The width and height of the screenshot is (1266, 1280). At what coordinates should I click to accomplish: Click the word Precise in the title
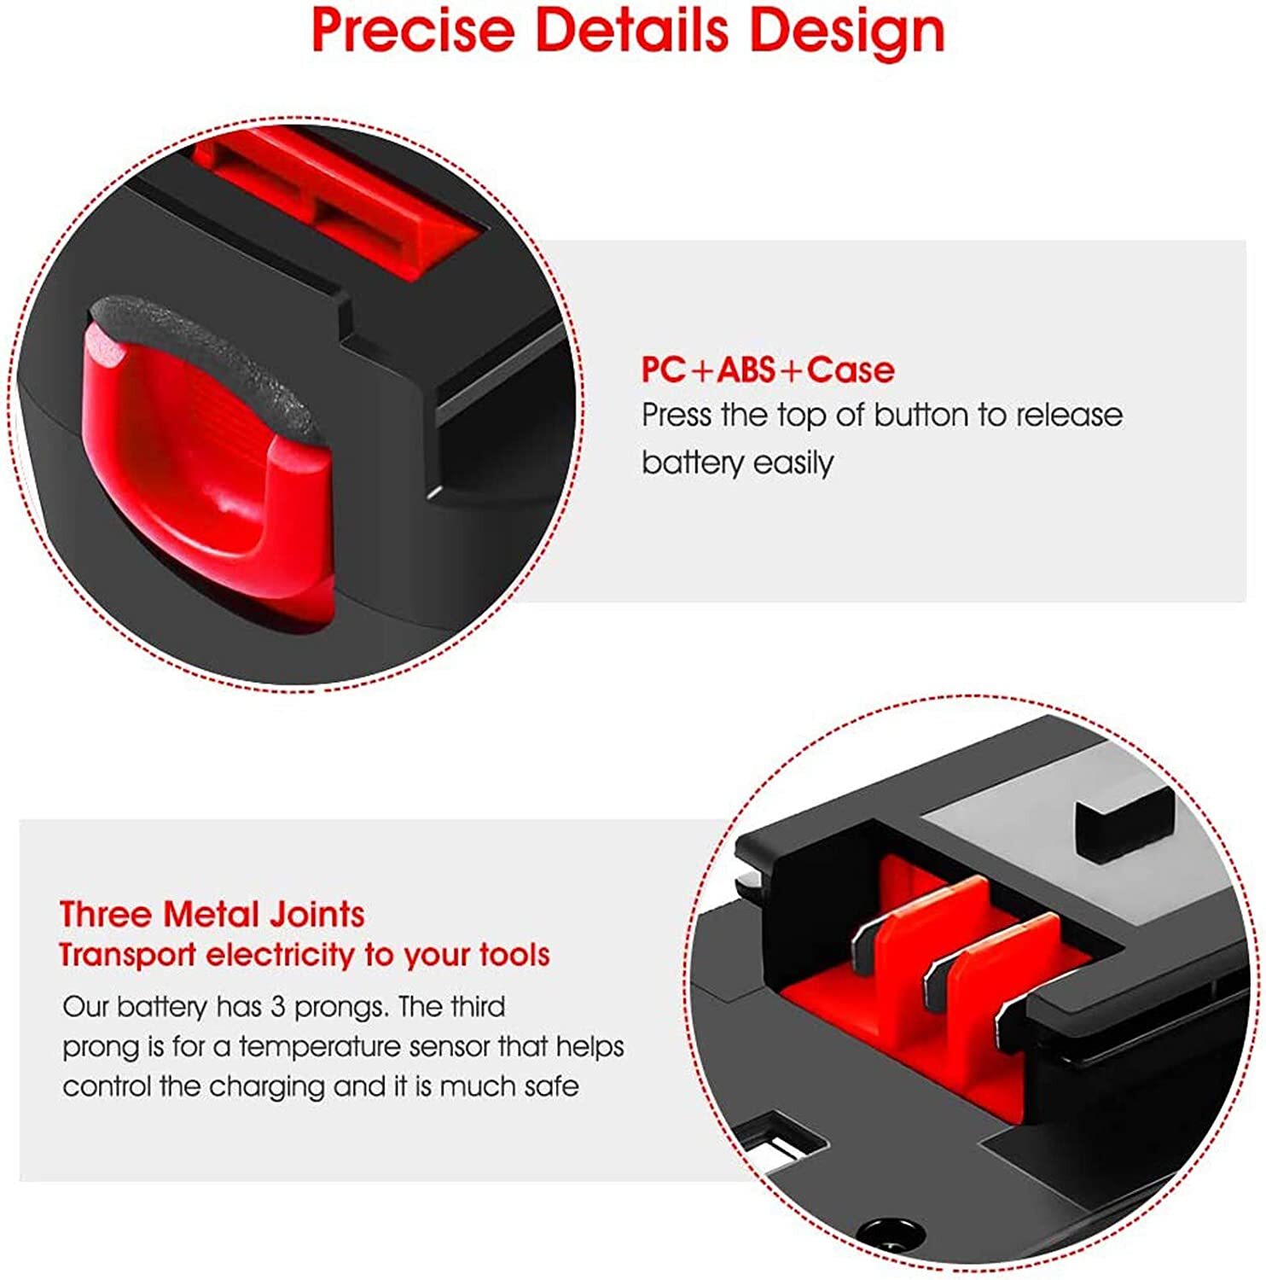(x=413, y=30)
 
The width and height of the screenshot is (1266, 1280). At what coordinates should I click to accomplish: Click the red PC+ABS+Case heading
(x=768, y=369)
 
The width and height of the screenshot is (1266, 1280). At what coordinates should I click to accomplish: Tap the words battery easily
(x=737, y=463)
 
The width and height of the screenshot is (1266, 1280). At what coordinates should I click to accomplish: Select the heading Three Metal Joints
(x=212, y=914)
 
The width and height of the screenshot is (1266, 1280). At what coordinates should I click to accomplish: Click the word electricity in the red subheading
(x=281, y=954)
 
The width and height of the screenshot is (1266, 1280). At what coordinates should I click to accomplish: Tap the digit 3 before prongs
(x=277, y=1007)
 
